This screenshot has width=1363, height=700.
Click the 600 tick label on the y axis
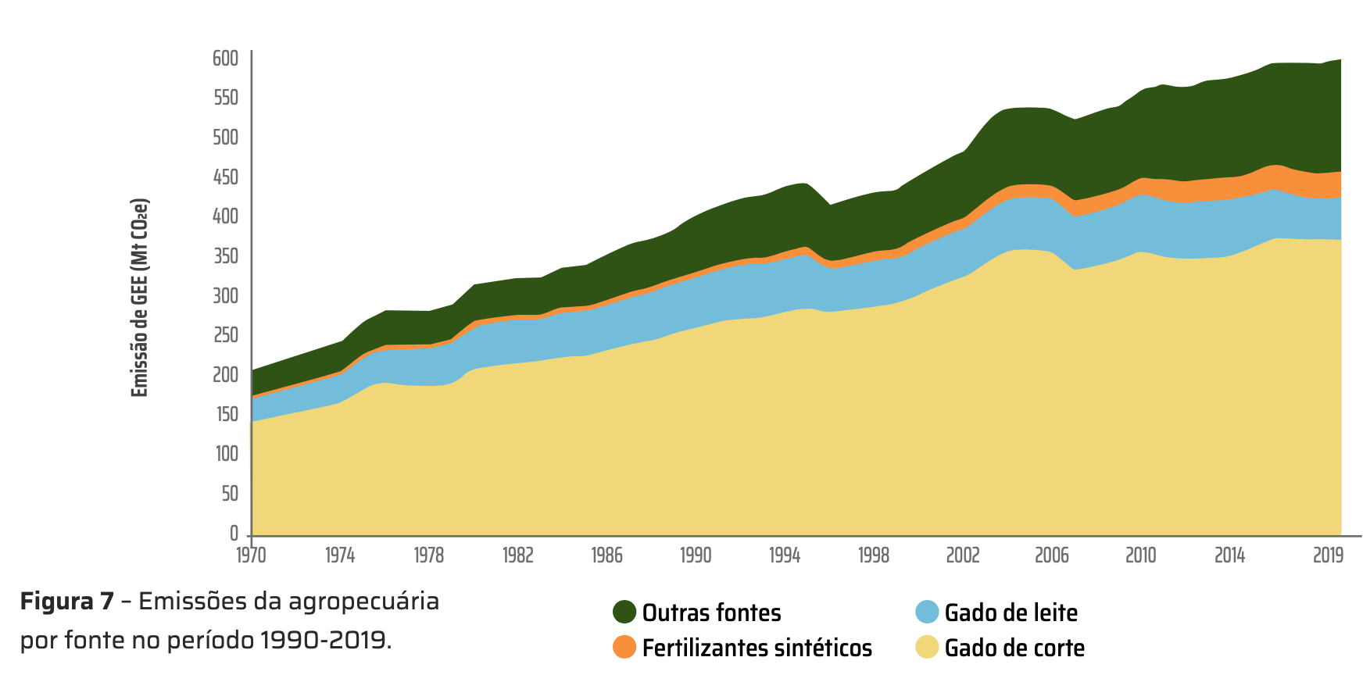click(x=225, y=59)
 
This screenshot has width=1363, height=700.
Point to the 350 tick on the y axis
click(x=225, y=256)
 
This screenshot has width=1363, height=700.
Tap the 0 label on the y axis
click(x=234, y=534)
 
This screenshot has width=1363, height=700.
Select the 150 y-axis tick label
click(x=227, y=414)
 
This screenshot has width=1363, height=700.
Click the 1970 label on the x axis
click(x=251, y=555)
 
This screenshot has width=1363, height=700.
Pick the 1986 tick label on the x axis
click(x=606, y=555)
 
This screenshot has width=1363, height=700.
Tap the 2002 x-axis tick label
click(x=962, y=555)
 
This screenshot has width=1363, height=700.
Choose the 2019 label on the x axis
click(x=1328, y=555)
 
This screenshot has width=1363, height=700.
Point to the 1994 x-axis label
click(x=785, y=555)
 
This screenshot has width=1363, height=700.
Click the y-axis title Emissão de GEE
click(x=139, y=298)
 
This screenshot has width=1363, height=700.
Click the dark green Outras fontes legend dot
click(x=624, y=612)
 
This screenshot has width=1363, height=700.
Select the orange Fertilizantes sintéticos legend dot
click(x=624, y=647)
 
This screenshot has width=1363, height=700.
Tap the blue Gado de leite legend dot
click(x=927, y=612)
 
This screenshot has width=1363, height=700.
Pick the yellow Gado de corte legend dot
click(x=927, y=647)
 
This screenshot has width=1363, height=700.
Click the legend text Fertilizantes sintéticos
click(x=757, y=648)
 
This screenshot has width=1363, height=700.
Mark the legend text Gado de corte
click(x=1014, y=648)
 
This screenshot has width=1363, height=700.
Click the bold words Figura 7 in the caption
click(x=67, y=601)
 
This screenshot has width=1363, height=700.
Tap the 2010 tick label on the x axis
click(x=1140, y=555)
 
